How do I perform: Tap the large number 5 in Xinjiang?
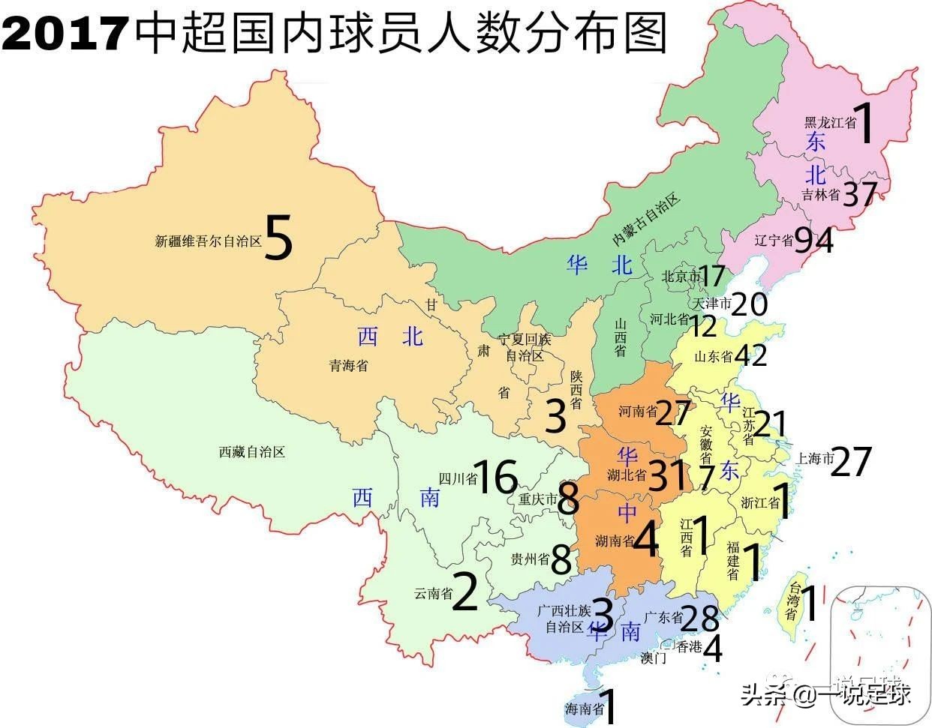point(278,238)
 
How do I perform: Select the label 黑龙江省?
point(830,123)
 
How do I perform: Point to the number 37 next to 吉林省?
point(859,194)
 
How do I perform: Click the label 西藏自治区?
point(252,452)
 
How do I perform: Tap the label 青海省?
point(349,366)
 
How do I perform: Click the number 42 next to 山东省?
point(751,355)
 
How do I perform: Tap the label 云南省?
point(433,594)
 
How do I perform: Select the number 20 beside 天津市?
point(750,304)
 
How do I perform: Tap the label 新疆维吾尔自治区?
point(208,241)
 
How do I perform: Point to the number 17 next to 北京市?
point(712,276)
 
